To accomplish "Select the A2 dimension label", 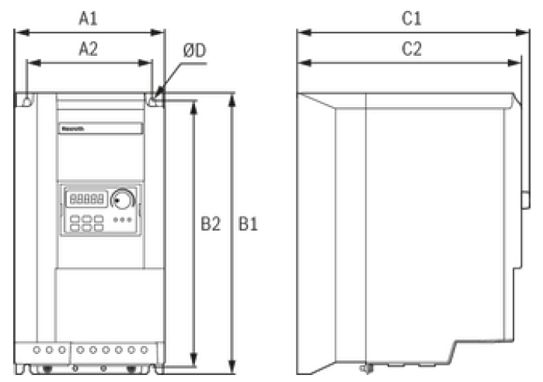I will point(89,49).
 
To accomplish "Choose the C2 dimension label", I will point(411,49).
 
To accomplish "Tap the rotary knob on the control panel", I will point(122,200).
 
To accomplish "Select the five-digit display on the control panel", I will point(87,199).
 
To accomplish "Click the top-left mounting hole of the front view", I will point(26,99).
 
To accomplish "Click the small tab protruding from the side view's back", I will point(524,202).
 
